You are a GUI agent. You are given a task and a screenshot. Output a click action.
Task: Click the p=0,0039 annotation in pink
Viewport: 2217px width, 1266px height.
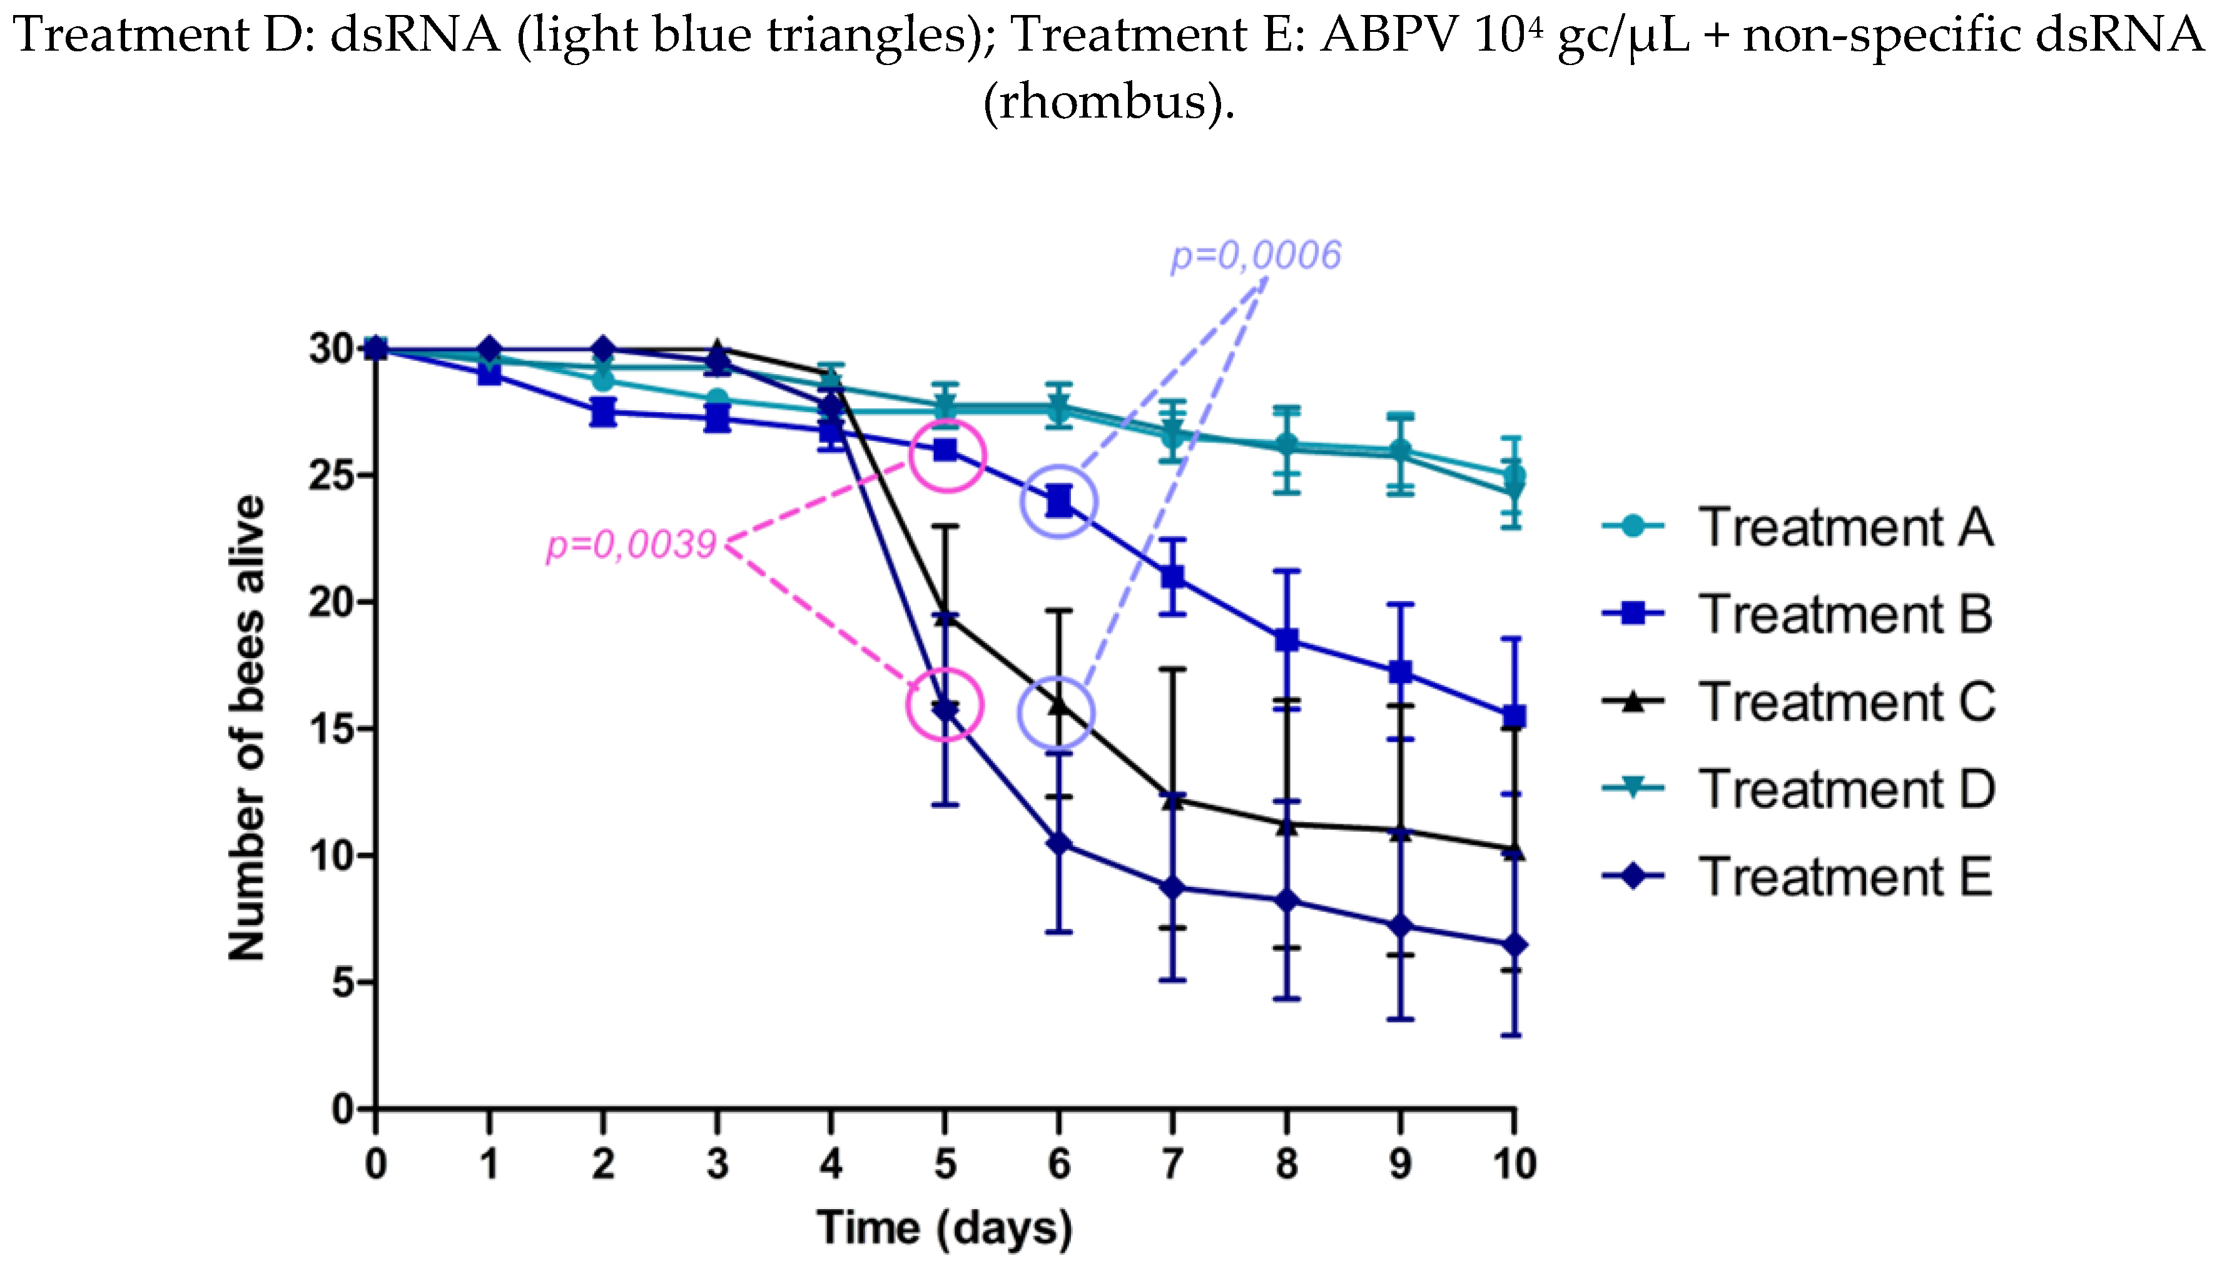pyautogui.click(x=631, y=545)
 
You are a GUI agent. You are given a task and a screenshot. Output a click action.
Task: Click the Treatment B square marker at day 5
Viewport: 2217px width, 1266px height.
pyautogui.click(x=945, y=450)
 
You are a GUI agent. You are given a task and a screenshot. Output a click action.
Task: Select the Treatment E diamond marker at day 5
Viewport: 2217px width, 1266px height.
pyautogui.click(x=945, y=709)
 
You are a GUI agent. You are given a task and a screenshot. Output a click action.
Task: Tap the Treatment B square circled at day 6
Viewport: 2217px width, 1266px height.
pyautogui.click(x=1059, y=501)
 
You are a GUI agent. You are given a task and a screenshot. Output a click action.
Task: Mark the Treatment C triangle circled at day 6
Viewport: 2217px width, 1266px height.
pyautogui.click(x=1059, y=705)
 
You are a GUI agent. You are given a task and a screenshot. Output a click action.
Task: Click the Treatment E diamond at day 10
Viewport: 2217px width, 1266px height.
pyautogui.click(x=1514, y=945)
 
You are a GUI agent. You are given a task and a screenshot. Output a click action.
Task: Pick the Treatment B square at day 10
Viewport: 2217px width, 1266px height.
pyautogui.click(x=1514, y=716)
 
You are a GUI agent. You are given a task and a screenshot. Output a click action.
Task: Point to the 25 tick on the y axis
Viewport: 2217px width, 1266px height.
pyautogui.click(x=335, y=475)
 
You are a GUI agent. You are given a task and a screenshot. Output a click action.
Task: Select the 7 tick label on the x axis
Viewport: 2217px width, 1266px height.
pyautogui.click(x=1173, y=1163)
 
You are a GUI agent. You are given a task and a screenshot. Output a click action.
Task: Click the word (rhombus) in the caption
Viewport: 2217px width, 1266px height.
pyautogui.click(x=1108, y=102)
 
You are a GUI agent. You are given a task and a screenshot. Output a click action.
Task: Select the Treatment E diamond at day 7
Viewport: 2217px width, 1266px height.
pyautogui.click(x=1173, y=888)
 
